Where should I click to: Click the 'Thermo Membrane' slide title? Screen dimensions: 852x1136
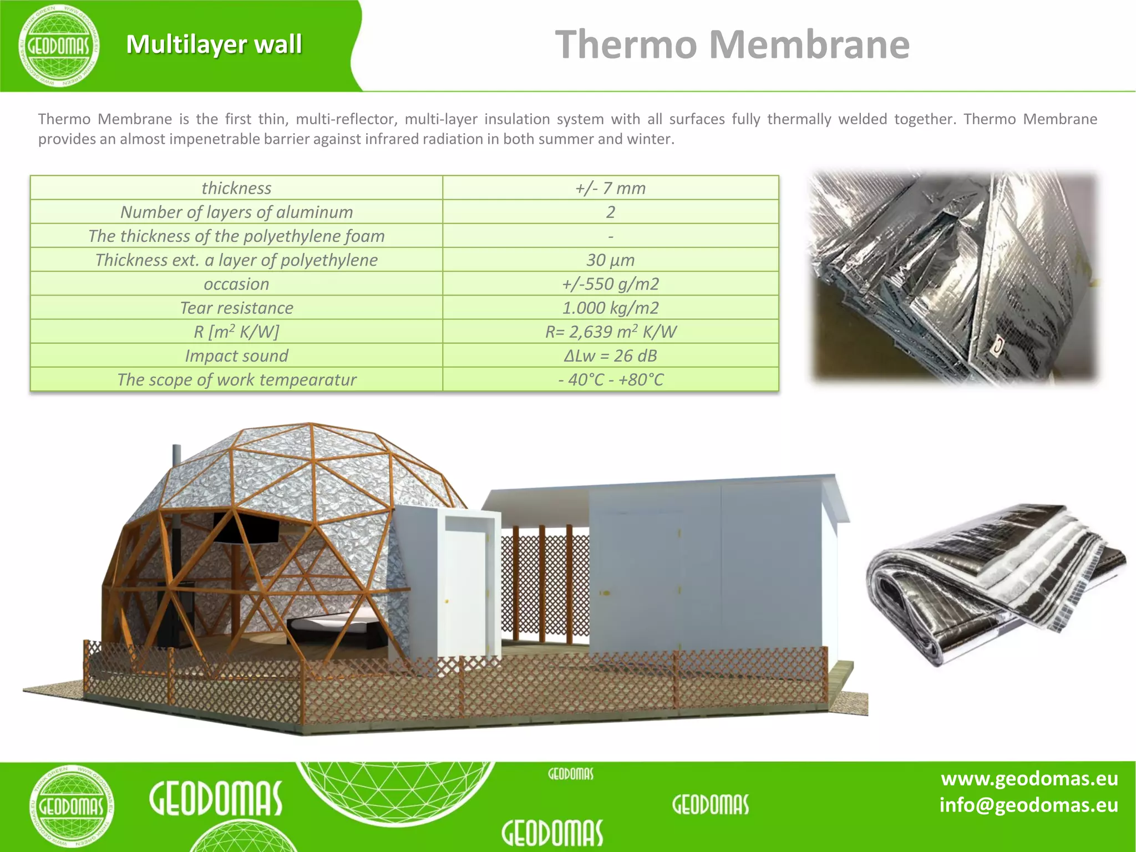coord(732,44)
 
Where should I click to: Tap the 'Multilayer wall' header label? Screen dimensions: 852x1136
coord(214,44)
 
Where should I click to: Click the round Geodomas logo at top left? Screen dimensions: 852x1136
coord(59,45)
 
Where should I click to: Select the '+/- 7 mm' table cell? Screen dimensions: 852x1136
coord(610,188)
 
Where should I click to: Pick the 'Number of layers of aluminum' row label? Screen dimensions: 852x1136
coord(236,212)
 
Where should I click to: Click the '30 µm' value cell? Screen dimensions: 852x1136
coord(610,260)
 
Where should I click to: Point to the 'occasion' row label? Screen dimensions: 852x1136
coord(236,284)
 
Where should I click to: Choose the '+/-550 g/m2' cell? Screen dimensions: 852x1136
coord(610,284)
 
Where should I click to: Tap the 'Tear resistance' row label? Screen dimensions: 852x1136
coord(236,308)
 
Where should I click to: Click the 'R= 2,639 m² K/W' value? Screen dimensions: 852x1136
coord(610,332)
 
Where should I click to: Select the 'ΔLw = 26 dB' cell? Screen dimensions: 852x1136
coord(610,356)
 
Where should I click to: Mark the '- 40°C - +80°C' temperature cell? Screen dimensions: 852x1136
coord(610,379)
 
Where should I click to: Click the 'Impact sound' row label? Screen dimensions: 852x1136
coord(236,356)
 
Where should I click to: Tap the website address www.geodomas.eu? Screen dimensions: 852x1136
coord(1029,779)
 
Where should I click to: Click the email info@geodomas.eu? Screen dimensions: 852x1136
coord(1028,805)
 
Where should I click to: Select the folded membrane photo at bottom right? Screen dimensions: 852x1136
coord(996,582)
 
